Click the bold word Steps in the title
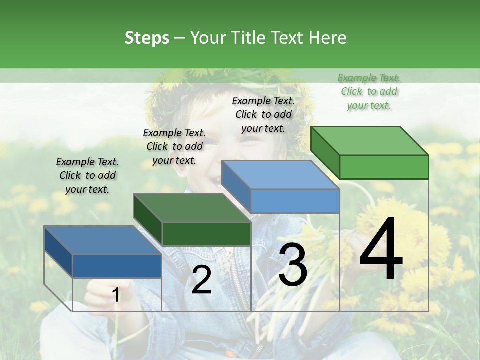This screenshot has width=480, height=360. [x=147, y=38]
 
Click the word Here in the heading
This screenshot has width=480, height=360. [x=328, y=38]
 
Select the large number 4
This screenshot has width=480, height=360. [x=381, y=250]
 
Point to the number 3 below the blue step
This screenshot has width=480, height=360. [x=293, y=265]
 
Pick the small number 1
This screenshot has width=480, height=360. [x=116, y=295]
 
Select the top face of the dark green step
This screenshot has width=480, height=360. [x=192, y=208]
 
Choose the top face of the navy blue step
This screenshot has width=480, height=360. [x=103, y=240]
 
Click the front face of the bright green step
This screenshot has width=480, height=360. [x=384, y=167]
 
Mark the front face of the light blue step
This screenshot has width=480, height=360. [x=295, y=201]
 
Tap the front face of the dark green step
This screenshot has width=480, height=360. [x=206, y=234]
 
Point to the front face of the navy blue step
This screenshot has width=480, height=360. [x=117, y=266]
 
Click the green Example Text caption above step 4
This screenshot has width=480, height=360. [x=369, y=91]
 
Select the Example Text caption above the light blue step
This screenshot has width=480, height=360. [x=263, y=114]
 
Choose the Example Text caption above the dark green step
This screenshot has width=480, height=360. [x=174, y=146]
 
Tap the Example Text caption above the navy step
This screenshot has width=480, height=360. [x=87, y=175]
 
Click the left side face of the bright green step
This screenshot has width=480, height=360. [x=325, y=152]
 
